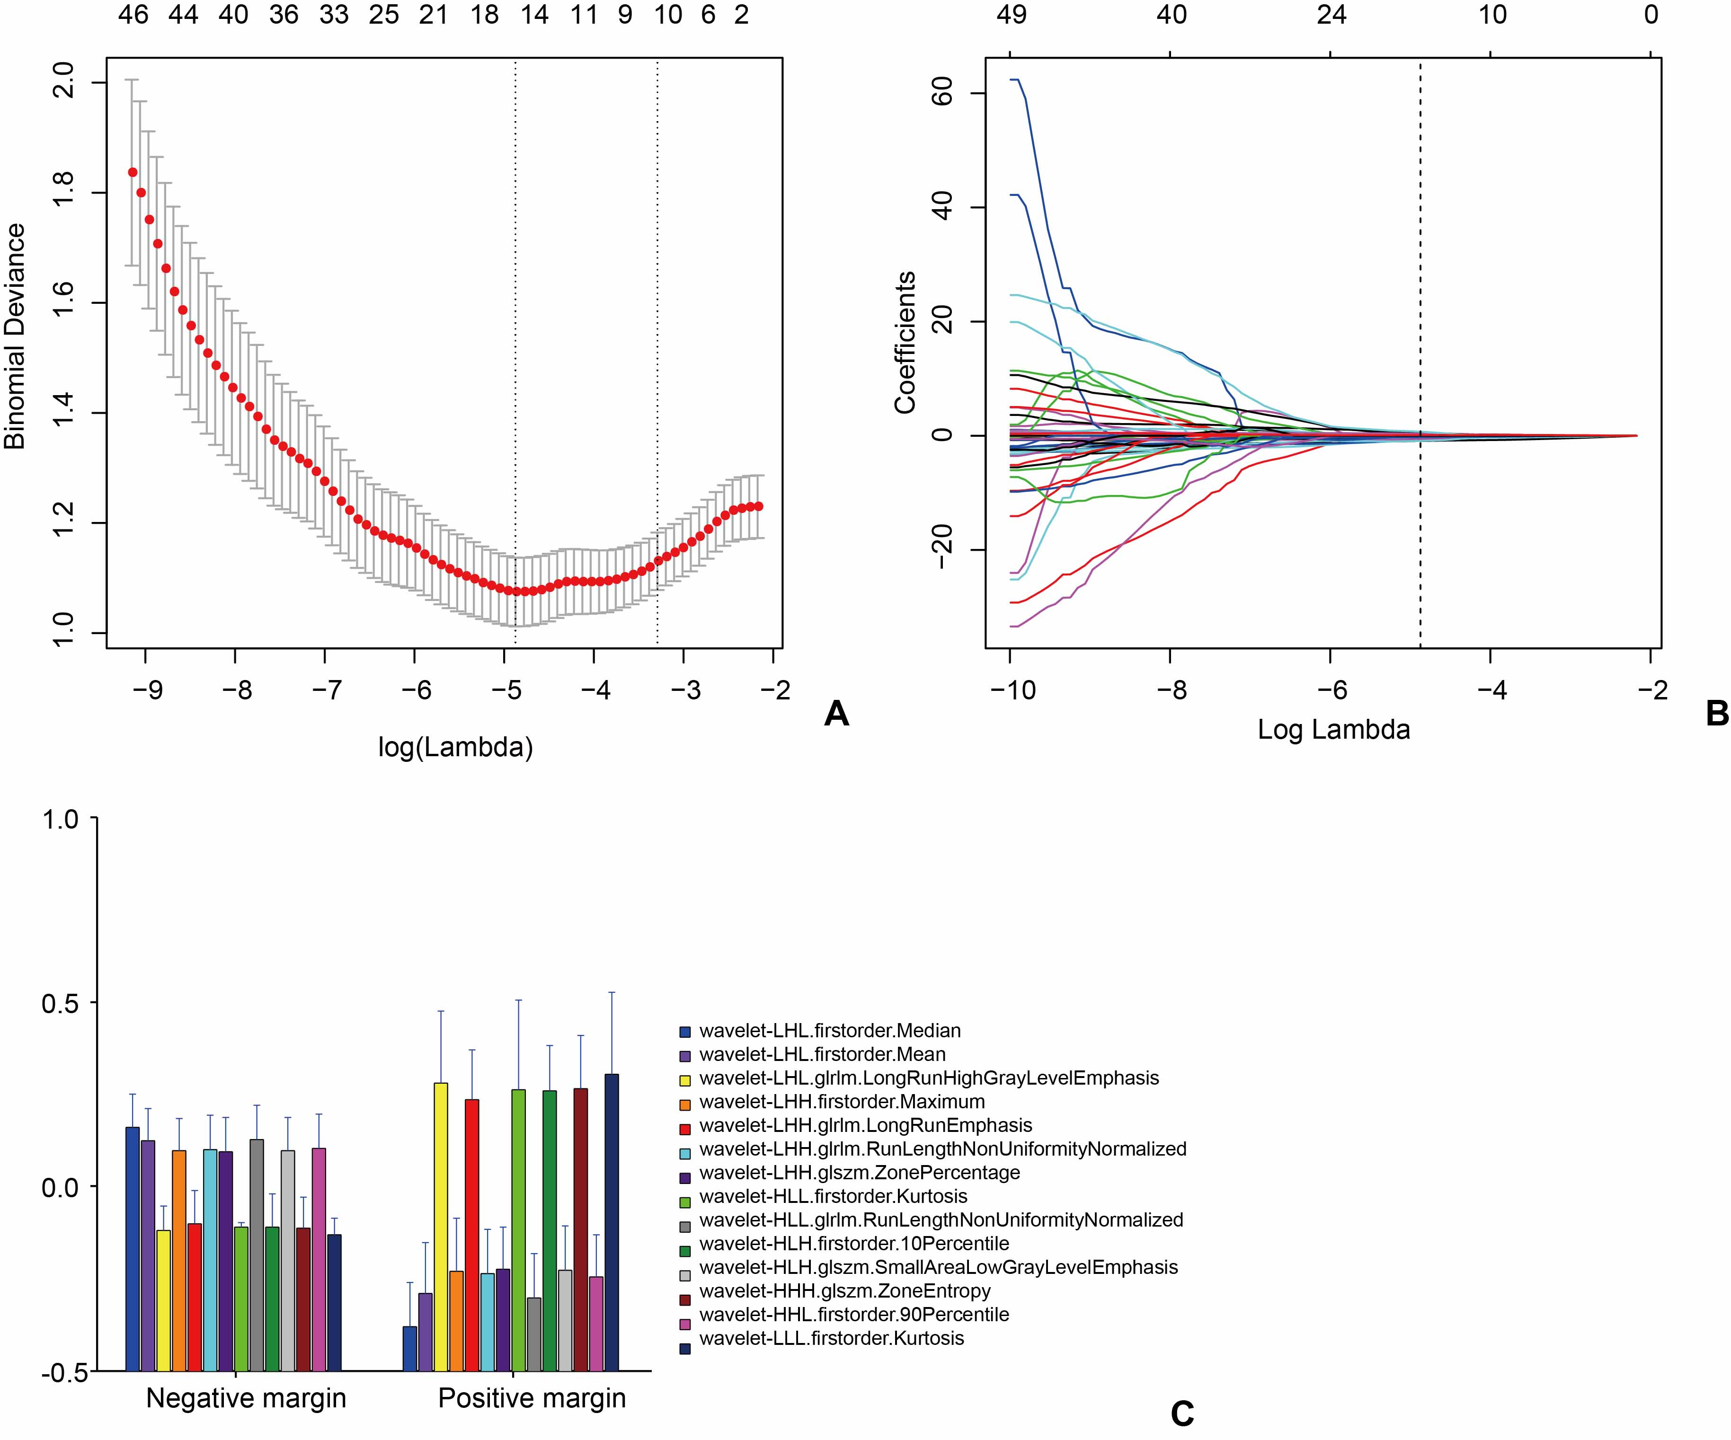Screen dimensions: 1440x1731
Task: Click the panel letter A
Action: click(x=836, y=714)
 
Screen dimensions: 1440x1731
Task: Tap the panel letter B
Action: click(x=1717, y=714)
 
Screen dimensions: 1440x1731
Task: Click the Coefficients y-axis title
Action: click(x=905, y=342)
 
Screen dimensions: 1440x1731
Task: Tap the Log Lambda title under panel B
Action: click(x=1334, y=730)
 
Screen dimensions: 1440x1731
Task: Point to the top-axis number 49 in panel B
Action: click(x=1012, y=15)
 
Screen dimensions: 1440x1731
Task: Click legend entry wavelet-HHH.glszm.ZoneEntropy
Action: click(x=844, y=1291)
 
